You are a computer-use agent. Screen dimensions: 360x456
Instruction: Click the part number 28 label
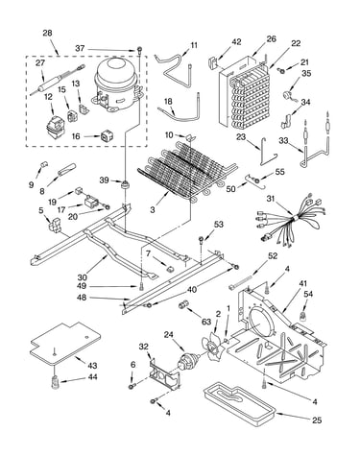coord(47,34)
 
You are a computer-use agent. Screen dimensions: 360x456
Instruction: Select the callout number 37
coord(80,48)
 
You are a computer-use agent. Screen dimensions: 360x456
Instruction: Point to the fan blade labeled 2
coord(211,347)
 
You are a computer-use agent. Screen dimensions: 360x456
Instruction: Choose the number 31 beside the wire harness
coord(272,199)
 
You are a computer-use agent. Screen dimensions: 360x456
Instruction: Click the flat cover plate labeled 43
coord(65,343)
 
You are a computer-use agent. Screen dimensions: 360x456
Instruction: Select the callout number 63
coord(207,320)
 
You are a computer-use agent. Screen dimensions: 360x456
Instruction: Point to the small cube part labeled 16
coord(106,136)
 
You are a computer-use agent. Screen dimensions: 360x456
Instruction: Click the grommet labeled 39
coord(125,184)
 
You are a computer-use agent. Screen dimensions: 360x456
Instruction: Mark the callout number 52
coord(273,256)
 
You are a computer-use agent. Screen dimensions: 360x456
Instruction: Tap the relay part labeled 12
coord(55,125)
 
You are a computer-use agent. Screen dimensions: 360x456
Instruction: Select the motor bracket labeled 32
coord(163,373)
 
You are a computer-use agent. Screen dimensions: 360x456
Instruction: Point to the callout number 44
coord(92,377)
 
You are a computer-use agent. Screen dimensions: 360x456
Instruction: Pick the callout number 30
coord(83,276)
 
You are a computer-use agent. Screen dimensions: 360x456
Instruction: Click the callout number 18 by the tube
coord(168,102)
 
